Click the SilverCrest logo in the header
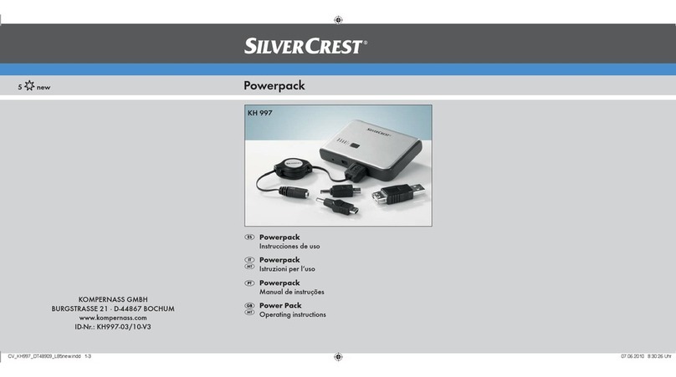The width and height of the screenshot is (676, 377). coord(305,47)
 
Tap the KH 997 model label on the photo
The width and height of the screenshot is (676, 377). coord(260,113)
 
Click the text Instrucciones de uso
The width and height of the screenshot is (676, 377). coord(289,247)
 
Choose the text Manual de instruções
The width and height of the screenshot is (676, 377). coord(291,292)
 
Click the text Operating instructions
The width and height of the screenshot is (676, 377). coord(292,314)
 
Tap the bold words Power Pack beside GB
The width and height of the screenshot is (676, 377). coord(280,305)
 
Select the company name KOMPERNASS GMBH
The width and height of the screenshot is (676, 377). coord(113,299)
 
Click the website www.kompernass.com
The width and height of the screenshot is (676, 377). coord(113,318)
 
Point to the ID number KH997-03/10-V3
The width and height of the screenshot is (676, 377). coord(113,327)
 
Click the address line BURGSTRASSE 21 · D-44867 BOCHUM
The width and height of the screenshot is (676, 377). coord(113,308)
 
